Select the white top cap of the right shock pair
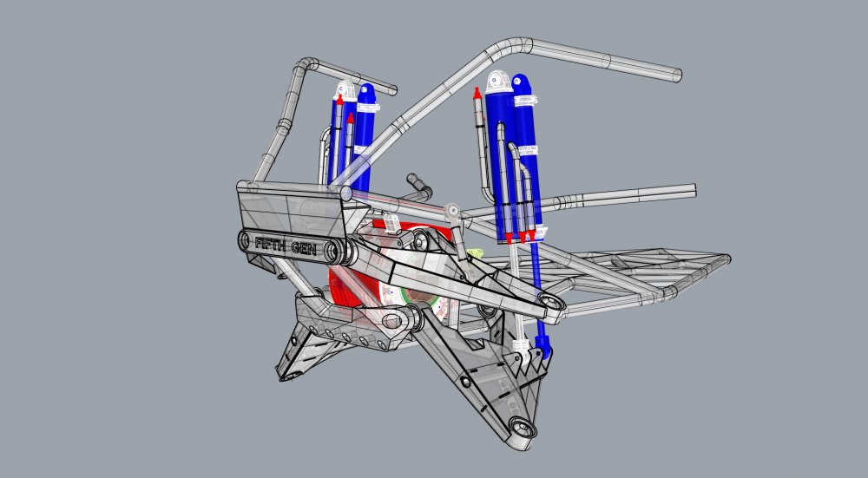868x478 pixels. coord(496,82)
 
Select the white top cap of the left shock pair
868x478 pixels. coord(345,89)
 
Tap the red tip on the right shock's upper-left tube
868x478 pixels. coord(477,93)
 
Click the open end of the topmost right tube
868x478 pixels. coord(676,75)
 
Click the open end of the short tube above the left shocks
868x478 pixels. coord(392,89)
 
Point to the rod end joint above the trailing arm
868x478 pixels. coord(451,211)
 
